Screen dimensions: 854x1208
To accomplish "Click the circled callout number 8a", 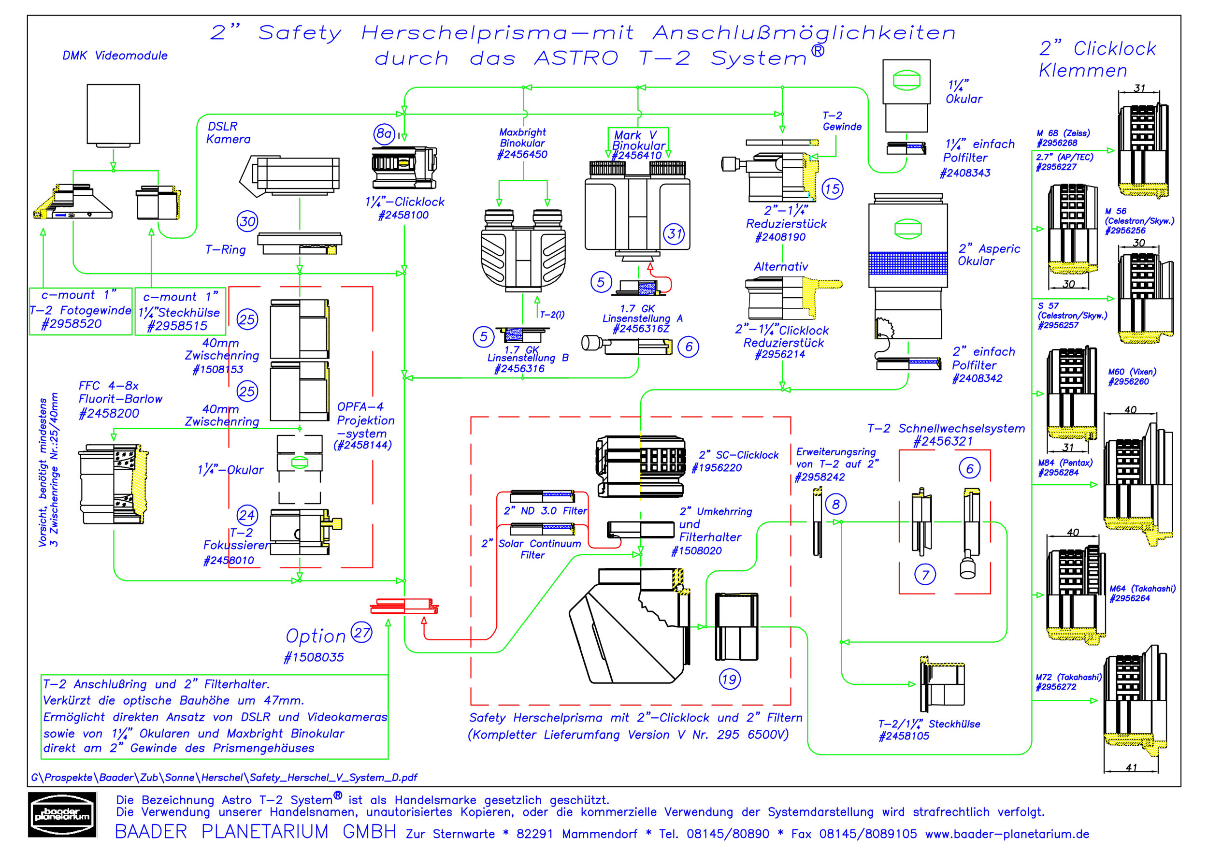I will click(x=384, y=134).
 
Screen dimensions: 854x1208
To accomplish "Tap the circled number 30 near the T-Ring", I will click(x=247, y=221).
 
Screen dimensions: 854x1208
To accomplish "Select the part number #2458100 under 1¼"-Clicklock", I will click(x=403, y=215).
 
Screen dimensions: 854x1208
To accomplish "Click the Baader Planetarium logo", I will click(x=62, y=814).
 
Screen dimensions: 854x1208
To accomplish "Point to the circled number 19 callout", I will click(x=729, y=680).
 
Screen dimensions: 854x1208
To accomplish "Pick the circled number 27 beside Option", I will click(x=362, y=632).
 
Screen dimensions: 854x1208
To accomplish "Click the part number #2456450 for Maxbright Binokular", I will click(x=522, y=155).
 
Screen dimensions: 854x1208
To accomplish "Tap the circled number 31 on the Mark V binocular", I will click(x=675, y=233).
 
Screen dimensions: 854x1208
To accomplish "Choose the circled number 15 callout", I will click(x=833, y=189).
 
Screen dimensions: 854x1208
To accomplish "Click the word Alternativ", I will click(x=780, y=267).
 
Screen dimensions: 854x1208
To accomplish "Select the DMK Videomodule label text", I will click(x=115, y=56).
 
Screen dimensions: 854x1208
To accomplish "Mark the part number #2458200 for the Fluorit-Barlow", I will click(x=109, y=414).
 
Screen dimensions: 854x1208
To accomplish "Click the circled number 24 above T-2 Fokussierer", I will click(x=247, y=515).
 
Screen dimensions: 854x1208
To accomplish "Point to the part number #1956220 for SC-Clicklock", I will click(x=717, y=468).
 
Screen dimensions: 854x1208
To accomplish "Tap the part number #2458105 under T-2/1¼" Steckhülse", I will click(x=904, y=736).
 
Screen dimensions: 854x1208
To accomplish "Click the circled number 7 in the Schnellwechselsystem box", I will click(x=925, y=575).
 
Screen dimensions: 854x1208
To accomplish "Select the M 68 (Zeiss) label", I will click(x=1063, y=133).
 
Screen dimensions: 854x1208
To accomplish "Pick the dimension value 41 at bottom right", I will click(x=1131, y=767).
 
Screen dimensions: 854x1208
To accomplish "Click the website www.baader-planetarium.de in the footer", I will click(x=1007, y=834).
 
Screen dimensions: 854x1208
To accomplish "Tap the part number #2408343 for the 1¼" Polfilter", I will click(x=965, y=173).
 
